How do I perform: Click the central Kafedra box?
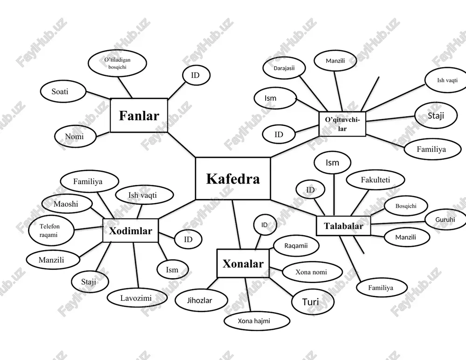[233, 178]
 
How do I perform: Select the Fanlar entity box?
[139, 115]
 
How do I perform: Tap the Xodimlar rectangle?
[130, 231]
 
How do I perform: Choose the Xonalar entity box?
[243, 264]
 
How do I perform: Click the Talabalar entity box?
[343, 226]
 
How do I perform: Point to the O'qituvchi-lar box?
[343, 124]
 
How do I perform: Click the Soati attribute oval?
[63, 91]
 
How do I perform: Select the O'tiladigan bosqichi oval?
[117, 63]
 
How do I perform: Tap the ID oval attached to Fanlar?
[196, 75]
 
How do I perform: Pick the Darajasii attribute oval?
[284, 68]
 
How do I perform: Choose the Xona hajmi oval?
[257, 321]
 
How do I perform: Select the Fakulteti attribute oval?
[376, 180]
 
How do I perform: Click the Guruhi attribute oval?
[445, 220]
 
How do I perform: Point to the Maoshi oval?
[67, 204]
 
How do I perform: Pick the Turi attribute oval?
[310, 302]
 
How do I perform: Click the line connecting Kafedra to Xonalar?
[237, 224]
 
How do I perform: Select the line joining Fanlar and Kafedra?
[182, 145]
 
